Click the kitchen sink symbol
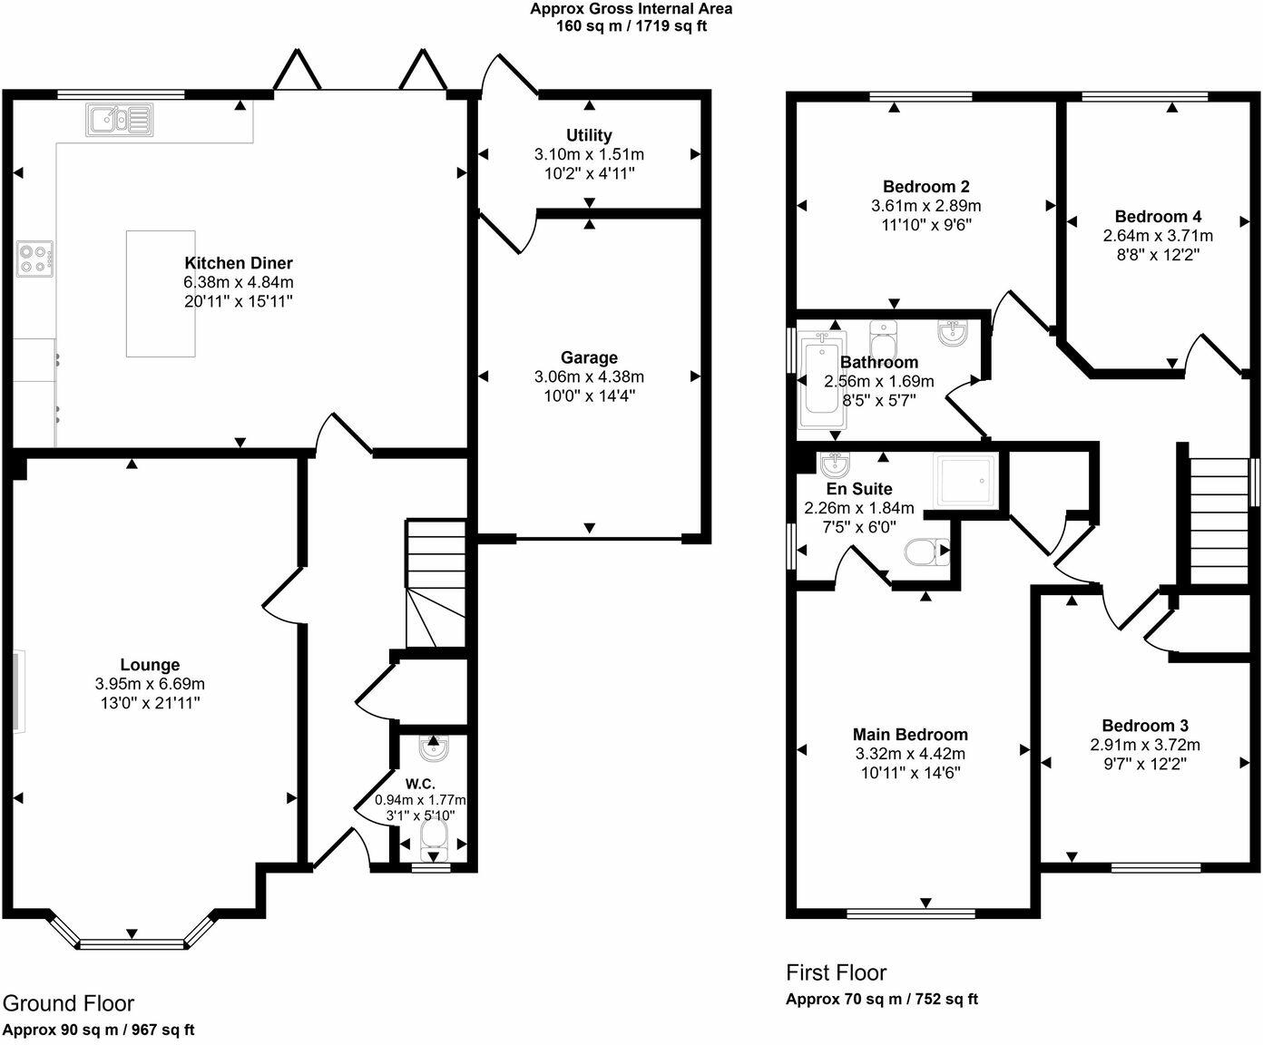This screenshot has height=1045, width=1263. pyautogui.click(x=120, y=119)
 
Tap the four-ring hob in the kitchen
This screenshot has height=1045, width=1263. pyautogui.click(x=34, y=259)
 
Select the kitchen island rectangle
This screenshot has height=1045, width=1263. pyautogui.click(x=161, y=293)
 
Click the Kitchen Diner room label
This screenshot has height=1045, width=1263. pyautogui.click(x=239, y=263)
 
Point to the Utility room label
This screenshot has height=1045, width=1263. pyautogui.click(x=589, y=135)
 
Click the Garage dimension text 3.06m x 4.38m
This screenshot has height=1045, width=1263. pyautogui.click(x=589, y=376)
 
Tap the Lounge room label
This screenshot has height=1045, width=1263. pyautogui.click(x=150, y=665)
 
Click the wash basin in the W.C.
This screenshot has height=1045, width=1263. pyautogui.click(x=434, y=749)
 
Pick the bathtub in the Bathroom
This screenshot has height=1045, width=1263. pyautogui.click(x=820, y=381)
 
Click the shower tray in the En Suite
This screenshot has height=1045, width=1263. pyautogui.click(x=965, y=480)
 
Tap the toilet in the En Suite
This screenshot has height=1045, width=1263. pyautogui.click(x=926, y=552)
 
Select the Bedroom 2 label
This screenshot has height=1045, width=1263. pyautogui.click(x=925, y=187)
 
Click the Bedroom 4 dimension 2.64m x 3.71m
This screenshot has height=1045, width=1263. pyautogui.click(x=1158, y=236)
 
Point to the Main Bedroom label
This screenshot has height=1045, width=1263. pyautogui.click(x=910, y=735)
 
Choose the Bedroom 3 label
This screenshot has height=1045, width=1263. pyautogui.click(x=1145, y=726)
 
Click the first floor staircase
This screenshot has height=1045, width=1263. pyautogui.click(x=1216, y=522)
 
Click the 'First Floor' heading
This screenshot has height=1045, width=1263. pyautogui.click(x=836, y=972)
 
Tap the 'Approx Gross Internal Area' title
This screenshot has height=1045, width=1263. pyautogui.click(x=631, y=9)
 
